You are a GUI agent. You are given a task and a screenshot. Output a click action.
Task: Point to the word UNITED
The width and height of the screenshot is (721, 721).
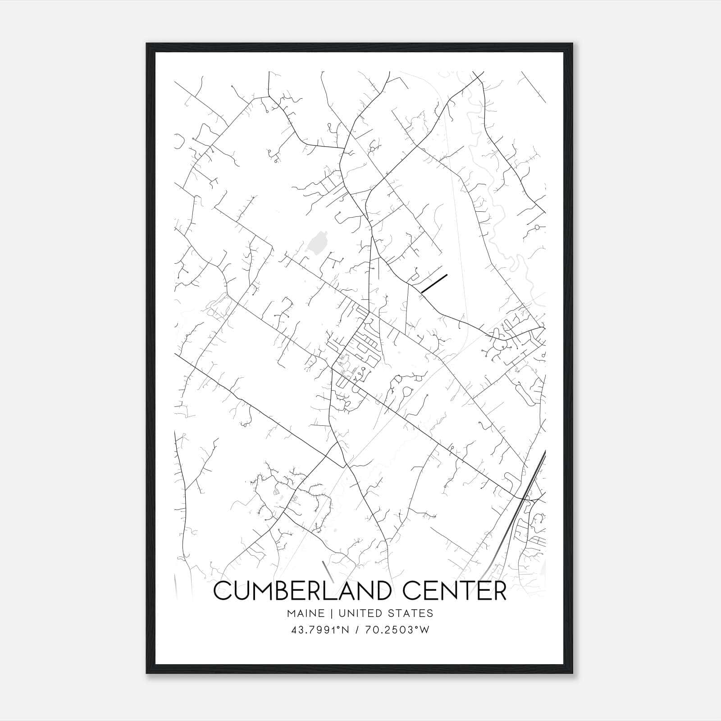tap(360, 613)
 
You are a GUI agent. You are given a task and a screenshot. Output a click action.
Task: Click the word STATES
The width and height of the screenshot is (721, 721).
tap(410, 613)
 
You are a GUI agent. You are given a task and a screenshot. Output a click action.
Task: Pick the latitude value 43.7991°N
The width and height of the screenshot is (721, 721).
tap(321, 630)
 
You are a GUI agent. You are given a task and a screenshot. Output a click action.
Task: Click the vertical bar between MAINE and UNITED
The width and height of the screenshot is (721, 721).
tap(331, 613)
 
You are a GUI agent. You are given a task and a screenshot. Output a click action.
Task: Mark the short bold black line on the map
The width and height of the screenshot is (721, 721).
tap(434, 283)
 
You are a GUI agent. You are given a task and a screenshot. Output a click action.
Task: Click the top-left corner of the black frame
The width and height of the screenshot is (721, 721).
tap(147, 44)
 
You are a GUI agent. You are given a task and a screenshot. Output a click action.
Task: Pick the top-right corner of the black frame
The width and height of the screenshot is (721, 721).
tap(572, 44)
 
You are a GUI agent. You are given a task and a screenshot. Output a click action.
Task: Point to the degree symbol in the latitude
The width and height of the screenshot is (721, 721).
tap(340, 628)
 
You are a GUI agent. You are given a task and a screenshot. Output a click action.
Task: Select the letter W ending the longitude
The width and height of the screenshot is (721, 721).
tap(424, 630)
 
